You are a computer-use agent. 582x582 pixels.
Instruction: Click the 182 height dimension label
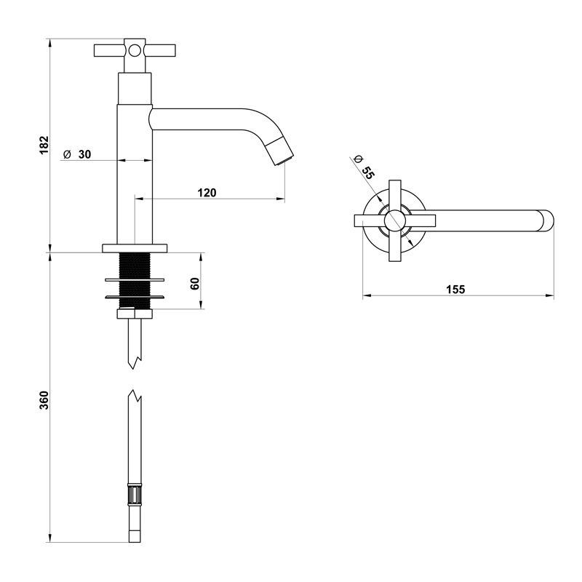(x=44, y=145)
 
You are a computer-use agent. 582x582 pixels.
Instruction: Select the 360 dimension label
(x=44, y=400)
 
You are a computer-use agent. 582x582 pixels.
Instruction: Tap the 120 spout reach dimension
(x=207, y=193)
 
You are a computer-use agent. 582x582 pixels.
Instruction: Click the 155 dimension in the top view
(x=455, y=289)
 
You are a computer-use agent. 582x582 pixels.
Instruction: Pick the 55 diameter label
(x=367, y=172)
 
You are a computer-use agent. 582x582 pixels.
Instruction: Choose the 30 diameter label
(x=84, y=154)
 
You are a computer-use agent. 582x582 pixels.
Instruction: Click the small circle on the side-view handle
(x=135, y=50)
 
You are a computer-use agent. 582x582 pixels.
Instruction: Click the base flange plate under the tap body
(x=135, y=248)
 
